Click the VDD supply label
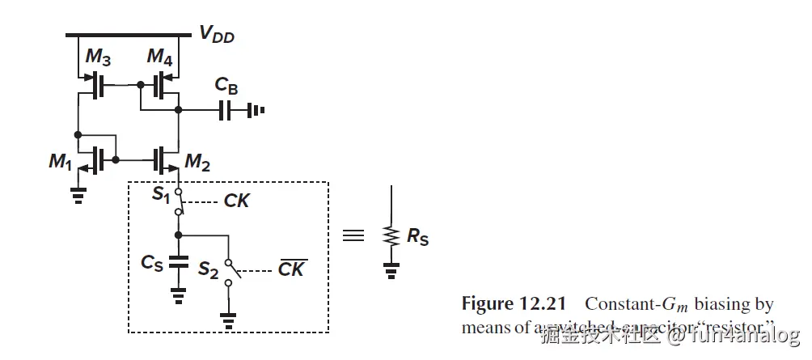point(216,33)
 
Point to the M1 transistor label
point(59,161)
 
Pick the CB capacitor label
point(226,85)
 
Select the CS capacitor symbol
point(180,262)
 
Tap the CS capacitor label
point(152,262)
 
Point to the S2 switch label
point(208,270)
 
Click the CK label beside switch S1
point(236,201)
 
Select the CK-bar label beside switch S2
point(291,269)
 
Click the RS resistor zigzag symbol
point(392,236)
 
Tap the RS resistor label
point(418,239)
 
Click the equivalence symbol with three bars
point(353,235)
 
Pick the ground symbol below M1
point(78,195)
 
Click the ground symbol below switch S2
point(229,322)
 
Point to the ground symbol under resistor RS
point(392,273)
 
